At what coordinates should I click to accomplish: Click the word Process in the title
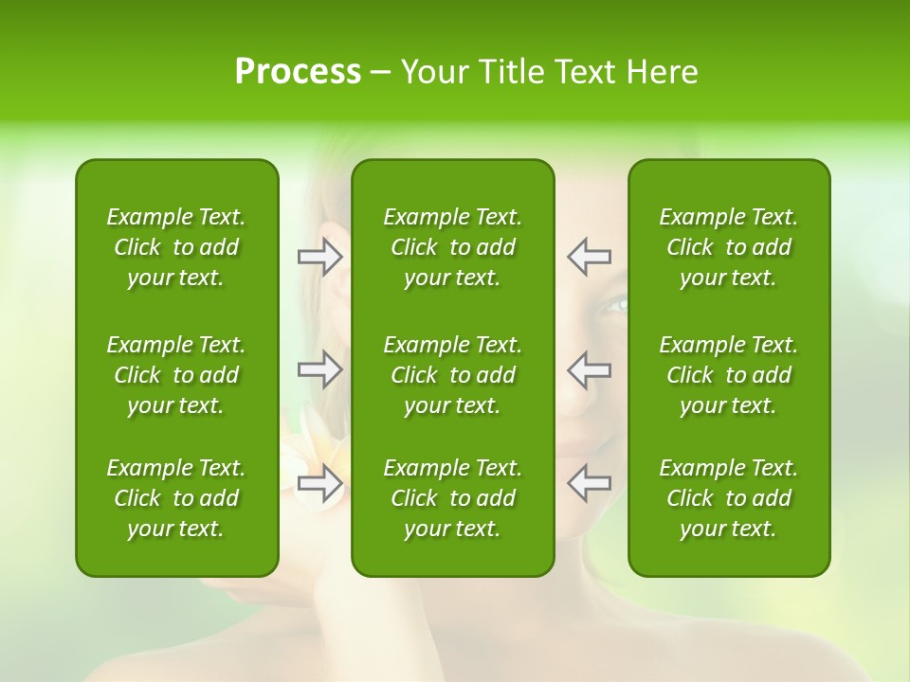pos(298,72)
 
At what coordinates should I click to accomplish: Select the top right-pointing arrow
pos(320,257)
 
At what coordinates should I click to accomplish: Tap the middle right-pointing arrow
pos(320,368)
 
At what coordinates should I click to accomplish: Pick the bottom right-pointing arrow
pos(320,483)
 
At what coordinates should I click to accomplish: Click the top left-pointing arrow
pos(590,257)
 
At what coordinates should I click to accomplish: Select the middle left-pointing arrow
pos(590,368)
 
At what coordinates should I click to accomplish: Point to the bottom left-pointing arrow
pos(590,483)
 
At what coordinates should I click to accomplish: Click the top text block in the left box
pos(176,247)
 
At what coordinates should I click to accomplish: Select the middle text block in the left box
pos(176,375)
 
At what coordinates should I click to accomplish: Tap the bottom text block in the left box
pos(176,498)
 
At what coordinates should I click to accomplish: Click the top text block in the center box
pos(453,247)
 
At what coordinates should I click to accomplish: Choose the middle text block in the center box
pos(453,375)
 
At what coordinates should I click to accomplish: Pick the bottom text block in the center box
pos(453,498)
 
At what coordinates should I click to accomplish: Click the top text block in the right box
pos(729,247)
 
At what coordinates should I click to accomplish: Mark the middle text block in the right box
pos(729,375)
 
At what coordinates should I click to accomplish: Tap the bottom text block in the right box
pos(729,498)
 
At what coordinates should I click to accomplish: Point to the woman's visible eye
pos(615,305)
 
